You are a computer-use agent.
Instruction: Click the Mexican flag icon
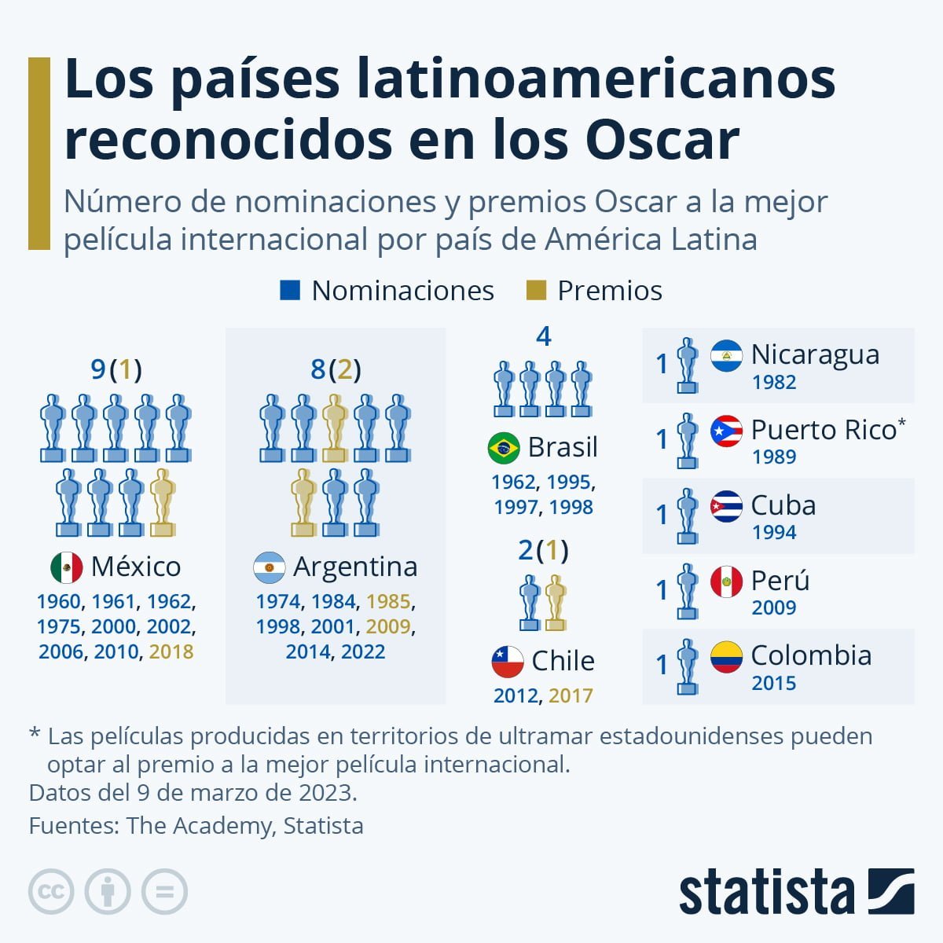(67, 567)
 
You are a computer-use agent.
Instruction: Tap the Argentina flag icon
(270, 567)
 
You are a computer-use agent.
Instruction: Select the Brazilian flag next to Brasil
(504, 448)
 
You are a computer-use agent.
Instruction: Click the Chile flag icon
(508, 662)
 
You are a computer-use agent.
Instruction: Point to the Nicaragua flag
(726, 356)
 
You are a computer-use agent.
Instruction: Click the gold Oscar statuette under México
(163, 503)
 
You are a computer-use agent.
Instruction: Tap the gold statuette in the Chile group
(556, 603)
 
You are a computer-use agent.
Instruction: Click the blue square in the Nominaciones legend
(290, 291)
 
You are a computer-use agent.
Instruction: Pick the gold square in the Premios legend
(535, 291)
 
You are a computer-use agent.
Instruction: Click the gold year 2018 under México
(171, 651)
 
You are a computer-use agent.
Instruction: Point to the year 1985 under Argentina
(388, 602)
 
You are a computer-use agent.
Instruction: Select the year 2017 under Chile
(571, 695)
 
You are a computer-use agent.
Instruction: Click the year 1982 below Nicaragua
(774, 383)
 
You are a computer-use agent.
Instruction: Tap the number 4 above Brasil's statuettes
(543, 337)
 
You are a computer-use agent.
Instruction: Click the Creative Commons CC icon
(51, 892)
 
